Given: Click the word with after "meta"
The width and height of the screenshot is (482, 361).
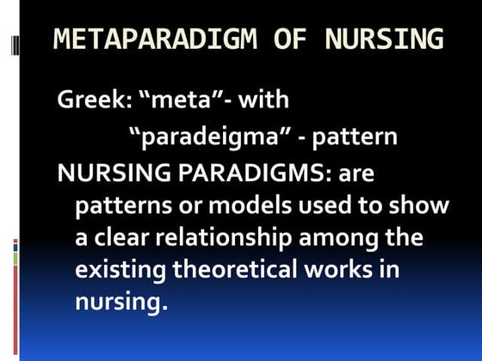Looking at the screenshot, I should point(264,100).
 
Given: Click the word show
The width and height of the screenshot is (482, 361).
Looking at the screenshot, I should point(424,207).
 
